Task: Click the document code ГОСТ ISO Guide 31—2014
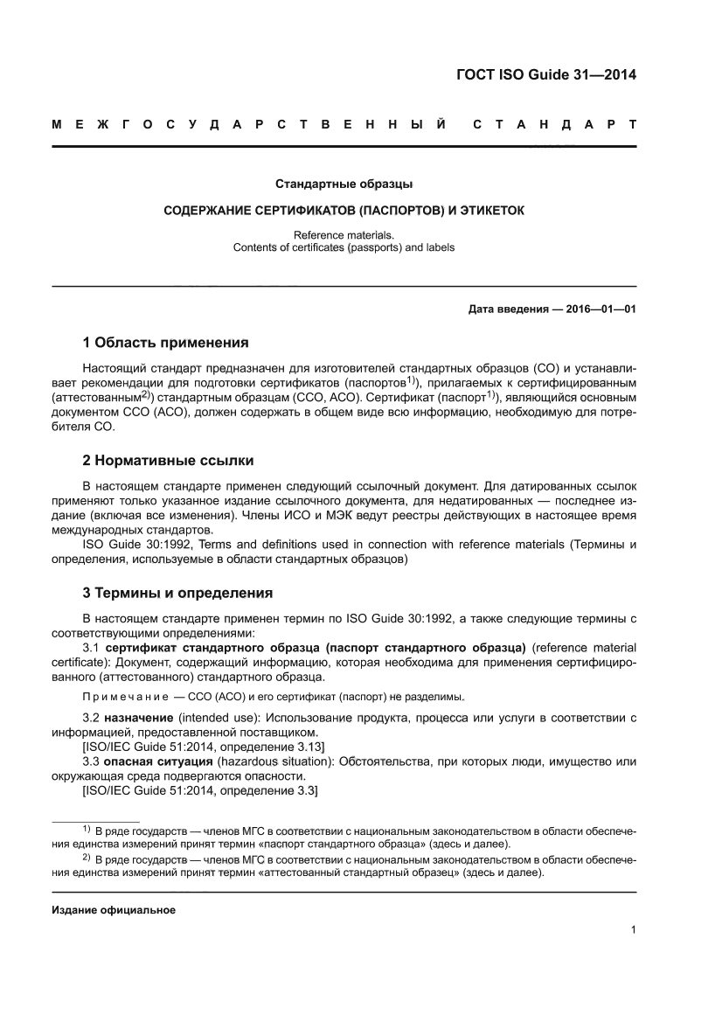tap(546, 74)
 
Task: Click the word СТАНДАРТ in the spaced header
tap(553, 126)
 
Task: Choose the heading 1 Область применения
tap(165, 342)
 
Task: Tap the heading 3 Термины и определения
tap(177, 593)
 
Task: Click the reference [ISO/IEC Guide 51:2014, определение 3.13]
tap(203, 746)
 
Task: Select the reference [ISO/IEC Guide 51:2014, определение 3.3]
tap(199, 790)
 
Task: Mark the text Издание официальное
tap(114, 910)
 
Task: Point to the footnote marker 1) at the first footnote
tap(87, 828)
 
